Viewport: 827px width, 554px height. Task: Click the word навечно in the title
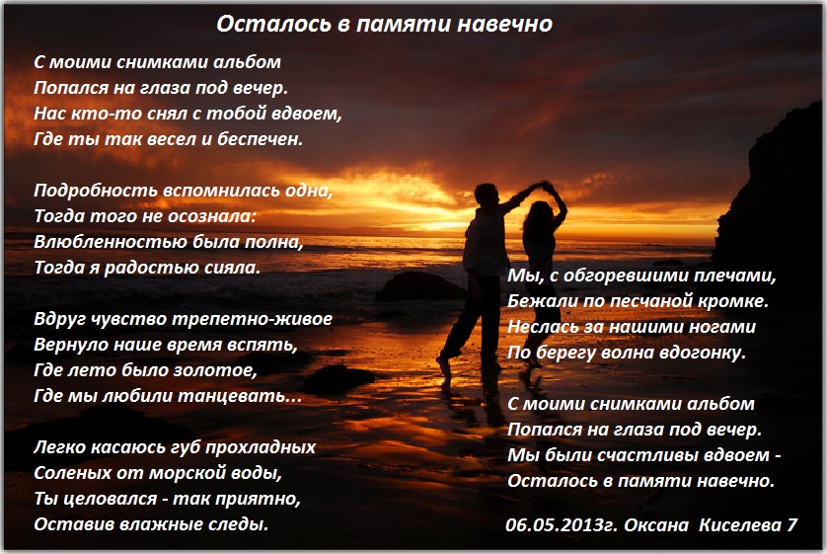click(x=504, y=24)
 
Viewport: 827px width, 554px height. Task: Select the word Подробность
click(x=96, y=191)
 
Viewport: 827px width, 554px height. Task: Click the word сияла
click(x=235, y=268)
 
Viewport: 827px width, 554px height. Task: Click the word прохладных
click(x=260, y=447)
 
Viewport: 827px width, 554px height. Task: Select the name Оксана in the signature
click(x=656, y=525)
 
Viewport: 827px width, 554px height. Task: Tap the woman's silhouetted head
click(x=539, y=214)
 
